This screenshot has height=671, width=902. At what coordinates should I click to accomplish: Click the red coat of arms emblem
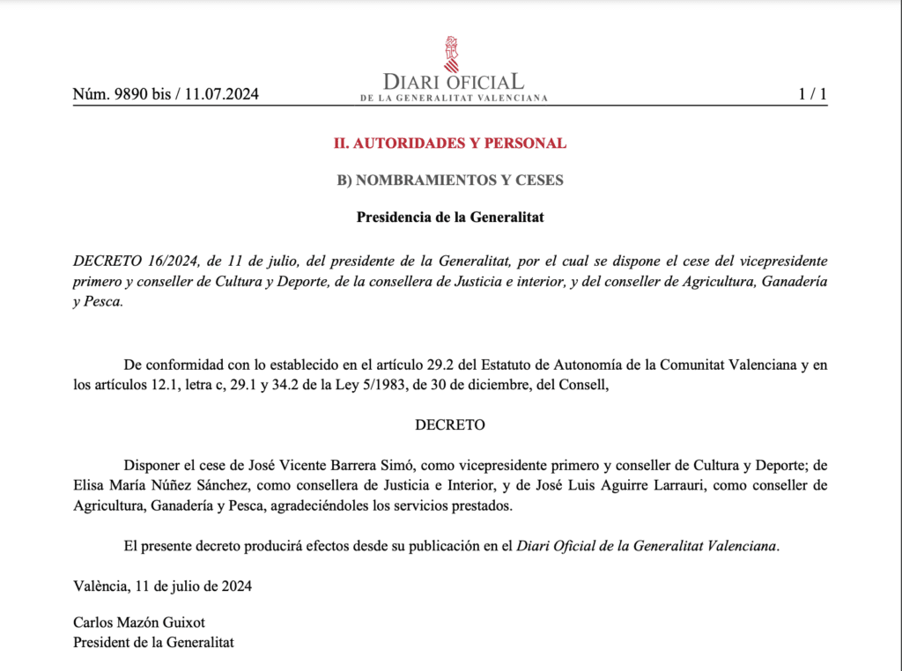(x=451, y=54)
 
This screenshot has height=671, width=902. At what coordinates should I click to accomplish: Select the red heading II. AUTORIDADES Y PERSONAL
(x=449, y=143)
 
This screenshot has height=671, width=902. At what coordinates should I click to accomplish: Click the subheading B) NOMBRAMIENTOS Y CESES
(x=450, y=181)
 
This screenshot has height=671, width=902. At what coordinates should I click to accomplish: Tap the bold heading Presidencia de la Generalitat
(x=450, y=218)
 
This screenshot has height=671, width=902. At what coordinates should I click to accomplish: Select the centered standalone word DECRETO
(x=450, y=424)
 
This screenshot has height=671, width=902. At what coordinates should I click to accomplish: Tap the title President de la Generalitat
(x=153, y=642)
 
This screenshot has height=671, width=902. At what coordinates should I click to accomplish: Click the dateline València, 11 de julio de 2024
(x=162, y=586)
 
